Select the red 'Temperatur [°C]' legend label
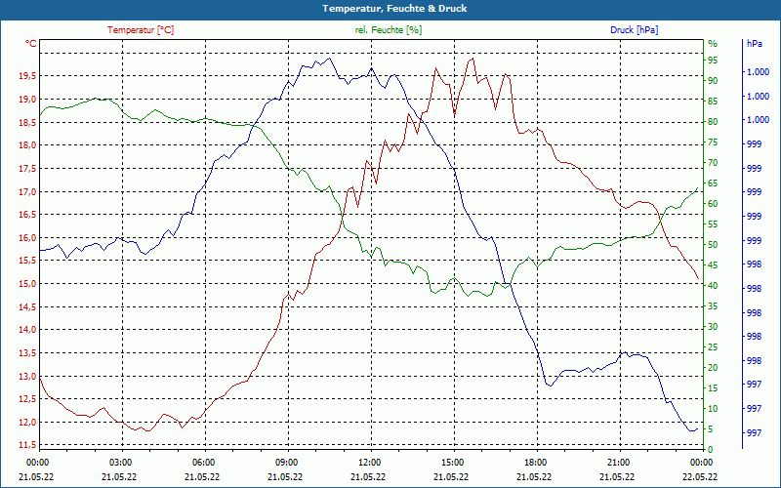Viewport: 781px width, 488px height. [x=141, y=30]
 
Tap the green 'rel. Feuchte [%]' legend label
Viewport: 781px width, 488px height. [x=389, y=30]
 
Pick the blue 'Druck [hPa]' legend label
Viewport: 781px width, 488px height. [x=634, y=30]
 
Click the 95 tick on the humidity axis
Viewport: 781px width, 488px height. [x=713, y=61]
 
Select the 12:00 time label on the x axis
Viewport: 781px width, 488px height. [x=370, y=462]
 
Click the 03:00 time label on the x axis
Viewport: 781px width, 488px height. [x=121, y=462]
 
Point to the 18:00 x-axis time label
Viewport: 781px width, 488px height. [x=535, y=462]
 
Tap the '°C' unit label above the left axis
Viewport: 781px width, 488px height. [x=31, y=44]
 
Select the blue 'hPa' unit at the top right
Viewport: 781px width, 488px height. [x=755, y=44]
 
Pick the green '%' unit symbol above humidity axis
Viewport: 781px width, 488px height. [x=712, y=44]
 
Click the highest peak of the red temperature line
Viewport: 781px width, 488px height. [x=473, y=59]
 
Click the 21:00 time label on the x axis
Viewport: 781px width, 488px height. [x=618, y=462]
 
